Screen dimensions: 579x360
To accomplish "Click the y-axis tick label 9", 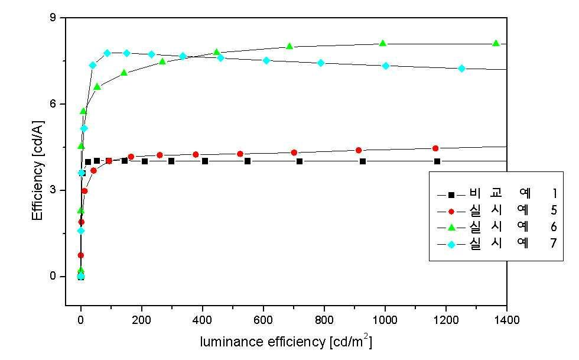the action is click(x=53, y=18).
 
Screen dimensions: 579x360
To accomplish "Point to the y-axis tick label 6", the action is click(x=53, y=104).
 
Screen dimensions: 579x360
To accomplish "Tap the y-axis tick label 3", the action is click(x=53, y=190).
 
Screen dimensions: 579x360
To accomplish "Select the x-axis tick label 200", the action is click(x=141, y=320).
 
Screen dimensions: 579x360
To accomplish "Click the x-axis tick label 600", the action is click(x=264, y=320).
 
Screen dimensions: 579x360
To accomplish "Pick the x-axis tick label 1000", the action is click(x=385, y=320).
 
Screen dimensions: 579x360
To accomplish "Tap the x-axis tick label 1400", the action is click(x=506, y=320).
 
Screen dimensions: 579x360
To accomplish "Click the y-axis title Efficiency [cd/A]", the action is click(x=38, y=170).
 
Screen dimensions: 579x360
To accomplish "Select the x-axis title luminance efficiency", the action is click(x=263, y=342).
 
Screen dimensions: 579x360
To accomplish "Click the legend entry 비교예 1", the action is click(x=497, y=193).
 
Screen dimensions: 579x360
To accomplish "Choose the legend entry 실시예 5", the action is click(x=497, y=210).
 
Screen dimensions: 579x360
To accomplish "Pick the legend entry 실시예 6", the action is click(x=497, y=226).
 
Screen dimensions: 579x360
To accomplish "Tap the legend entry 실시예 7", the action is click(x=497, y=243).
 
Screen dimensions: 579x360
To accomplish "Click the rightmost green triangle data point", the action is click(x=496, y=43).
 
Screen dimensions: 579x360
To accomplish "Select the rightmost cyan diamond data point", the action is click(x=461, y=69).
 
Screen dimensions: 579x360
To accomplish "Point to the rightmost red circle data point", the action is click(x=435, y=148).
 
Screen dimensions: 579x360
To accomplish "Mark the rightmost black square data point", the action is click(x=437, y=161).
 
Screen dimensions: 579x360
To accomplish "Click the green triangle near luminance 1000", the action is click(x=383, y=43).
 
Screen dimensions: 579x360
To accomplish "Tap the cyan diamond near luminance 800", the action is click(x=320, y=63).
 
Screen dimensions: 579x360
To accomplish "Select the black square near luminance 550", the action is click(x=248, y=161).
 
